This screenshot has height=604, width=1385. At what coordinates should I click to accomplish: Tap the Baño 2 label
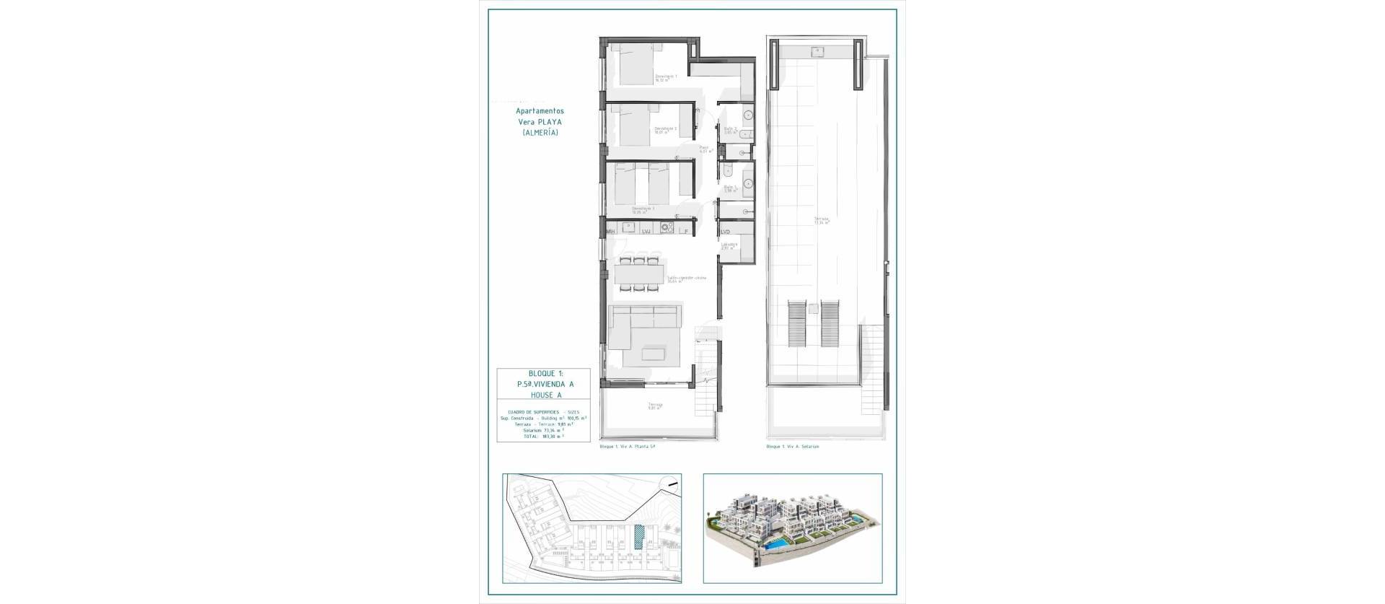tap(730, 130)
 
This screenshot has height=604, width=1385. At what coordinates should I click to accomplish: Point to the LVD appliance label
tap(725, 232)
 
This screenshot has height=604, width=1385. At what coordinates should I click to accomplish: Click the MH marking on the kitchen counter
tap(610, 232)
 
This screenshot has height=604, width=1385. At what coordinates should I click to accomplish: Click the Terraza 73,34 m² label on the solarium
tap(822, 220)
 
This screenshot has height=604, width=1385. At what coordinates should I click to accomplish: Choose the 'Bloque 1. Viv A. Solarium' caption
tap(792, 447)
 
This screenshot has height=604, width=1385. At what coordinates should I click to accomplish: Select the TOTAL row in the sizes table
tap(543, 436)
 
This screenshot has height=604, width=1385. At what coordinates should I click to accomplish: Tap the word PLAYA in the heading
tap(550, 122)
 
